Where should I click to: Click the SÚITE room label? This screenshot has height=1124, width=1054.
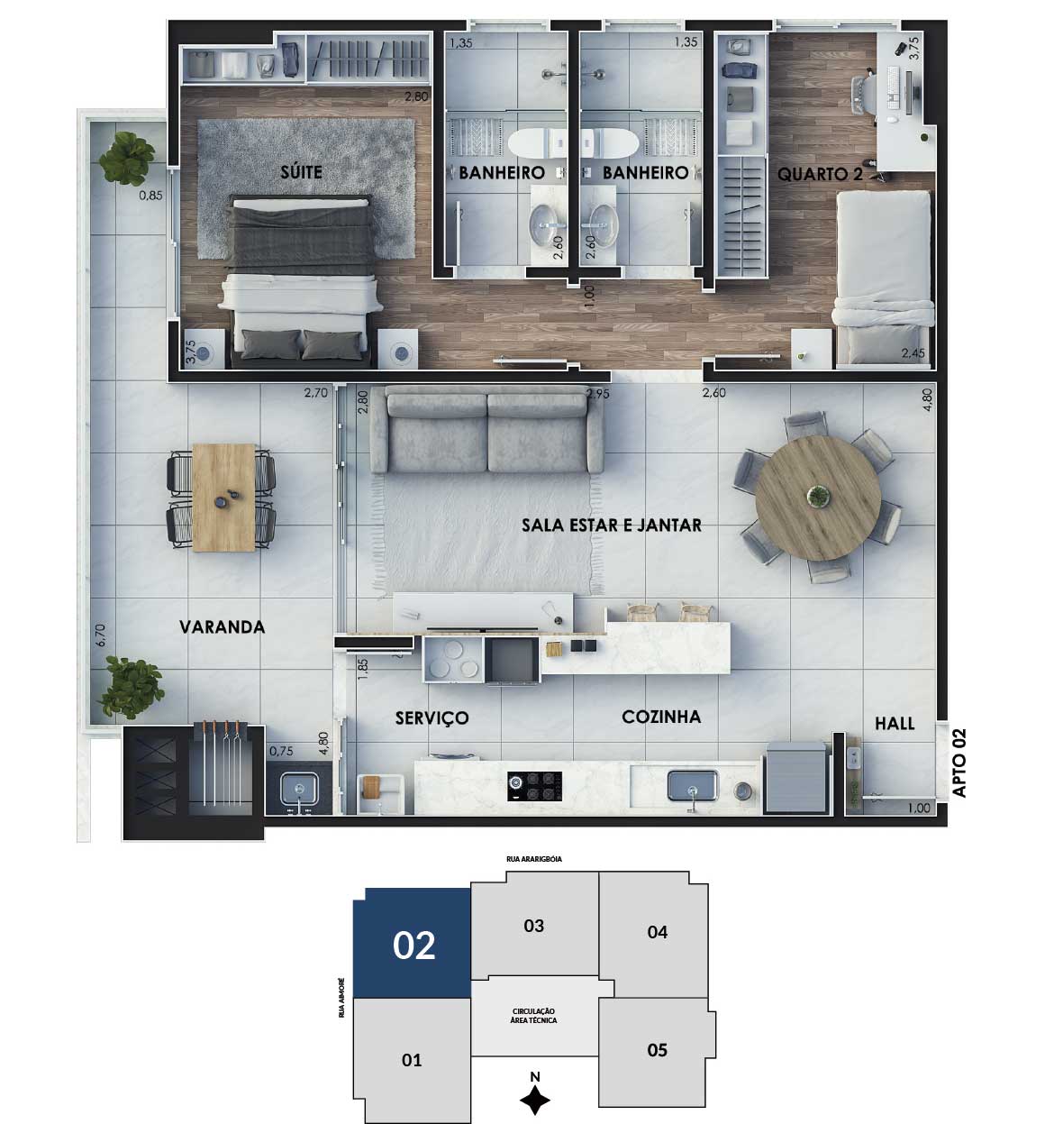coord(301,171)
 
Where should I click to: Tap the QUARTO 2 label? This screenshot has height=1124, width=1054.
coord(821,174)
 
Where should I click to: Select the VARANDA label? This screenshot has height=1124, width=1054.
coord(223,626)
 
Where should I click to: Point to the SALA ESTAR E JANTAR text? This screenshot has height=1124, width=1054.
coord(612,525)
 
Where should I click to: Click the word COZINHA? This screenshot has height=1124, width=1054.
coord(661,717)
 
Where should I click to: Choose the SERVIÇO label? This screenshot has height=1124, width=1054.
coord(432,717)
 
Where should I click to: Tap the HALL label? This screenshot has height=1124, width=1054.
coord(895,723)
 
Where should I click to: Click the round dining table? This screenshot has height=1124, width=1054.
coord(817,497)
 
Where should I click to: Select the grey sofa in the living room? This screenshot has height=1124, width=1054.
coord(487,430)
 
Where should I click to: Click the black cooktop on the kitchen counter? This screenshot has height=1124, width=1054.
coord(534,786)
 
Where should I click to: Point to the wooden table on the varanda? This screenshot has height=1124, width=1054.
coord(223,497)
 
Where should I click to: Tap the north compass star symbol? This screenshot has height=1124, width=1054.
coord(534,1101)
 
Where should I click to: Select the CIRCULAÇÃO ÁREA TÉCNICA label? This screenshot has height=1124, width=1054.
coord(534,1015)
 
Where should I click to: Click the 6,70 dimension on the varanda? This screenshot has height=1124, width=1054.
coord(101,635)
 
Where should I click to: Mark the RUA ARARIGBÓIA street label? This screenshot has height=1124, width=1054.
coord(534,859)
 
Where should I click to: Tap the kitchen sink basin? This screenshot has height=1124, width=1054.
coord(693,786)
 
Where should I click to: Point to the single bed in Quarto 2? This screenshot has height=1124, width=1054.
coord(884,278)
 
